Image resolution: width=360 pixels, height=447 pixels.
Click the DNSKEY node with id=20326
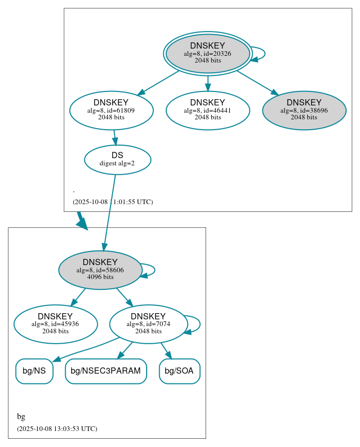(x=208, y=53)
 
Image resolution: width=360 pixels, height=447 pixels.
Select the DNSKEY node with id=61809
(x=111, y=110)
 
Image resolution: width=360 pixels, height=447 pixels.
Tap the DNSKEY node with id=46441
(x=208, y=110)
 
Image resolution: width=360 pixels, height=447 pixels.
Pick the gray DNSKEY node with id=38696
(x=304, y=110)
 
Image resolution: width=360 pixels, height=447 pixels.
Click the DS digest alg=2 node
(x=117, y=160)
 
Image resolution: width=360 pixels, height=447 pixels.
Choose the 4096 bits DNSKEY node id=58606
(x=100, y=270)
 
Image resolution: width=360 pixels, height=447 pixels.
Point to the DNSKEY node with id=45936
(x=55, y=324)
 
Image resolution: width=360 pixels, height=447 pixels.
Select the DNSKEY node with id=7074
(x=148, y=324)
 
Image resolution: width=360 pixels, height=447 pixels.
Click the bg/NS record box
(x=34, y=371)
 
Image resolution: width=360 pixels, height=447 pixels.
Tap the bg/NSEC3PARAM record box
(x=106, y=371)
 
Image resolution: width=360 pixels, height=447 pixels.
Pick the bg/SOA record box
(x=179, y=371)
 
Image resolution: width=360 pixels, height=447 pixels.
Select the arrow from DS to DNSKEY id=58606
(x=109, y=212)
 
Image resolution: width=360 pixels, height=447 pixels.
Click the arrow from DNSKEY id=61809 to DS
(x=115, y=137)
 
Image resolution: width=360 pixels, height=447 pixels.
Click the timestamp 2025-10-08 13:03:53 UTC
(x=57, y=429)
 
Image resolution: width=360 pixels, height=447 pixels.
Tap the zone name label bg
(x=21, y=417)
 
